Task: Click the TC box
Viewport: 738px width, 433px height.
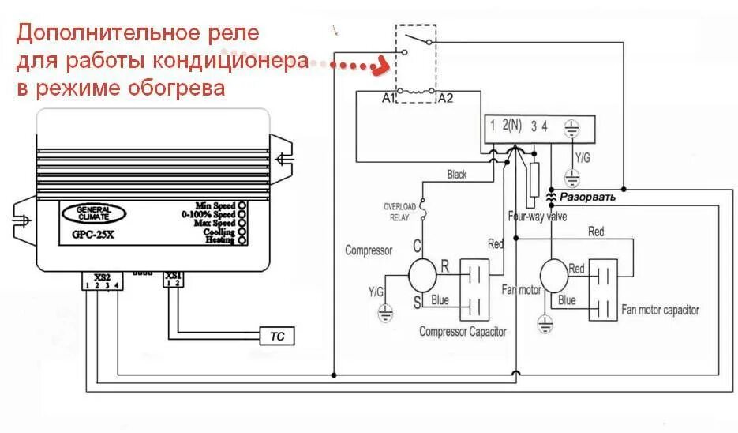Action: point(277,337)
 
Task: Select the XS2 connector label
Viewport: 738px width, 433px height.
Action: point(103,277)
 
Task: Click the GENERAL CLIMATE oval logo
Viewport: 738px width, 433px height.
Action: point(96,214)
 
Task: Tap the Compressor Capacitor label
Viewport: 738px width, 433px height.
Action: point(463,332)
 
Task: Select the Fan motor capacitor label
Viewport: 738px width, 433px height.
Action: point(660,311)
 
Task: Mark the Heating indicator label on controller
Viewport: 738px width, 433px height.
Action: point(219,240)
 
